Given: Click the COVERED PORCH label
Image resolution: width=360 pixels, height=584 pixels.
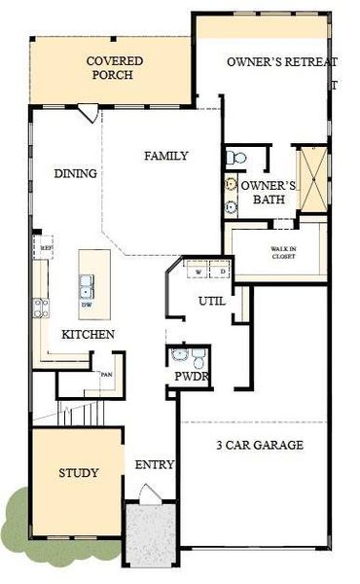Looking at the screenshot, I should (115, 67).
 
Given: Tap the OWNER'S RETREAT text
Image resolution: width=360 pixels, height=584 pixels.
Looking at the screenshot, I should (281, 62).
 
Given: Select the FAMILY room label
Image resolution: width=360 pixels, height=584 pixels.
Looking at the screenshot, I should (166, 156).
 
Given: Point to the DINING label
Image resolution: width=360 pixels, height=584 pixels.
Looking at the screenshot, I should (75, 174).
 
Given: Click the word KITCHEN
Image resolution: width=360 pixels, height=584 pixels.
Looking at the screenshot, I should (89, 335).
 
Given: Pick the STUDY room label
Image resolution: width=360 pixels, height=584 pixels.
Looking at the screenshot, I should (78, 474).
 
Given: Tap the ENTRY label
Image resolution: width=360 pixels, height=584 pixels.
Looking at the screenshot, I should (154, 465).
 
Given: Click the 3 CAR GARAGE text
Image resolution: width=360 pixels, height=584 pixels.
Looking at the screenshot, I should (259, 446).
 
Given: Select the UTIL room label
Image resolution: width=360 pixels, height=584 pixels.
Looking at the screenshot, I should (212, 302).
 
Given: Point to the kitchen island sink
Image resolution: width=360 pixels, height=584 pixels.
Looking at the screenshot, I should (88, 286).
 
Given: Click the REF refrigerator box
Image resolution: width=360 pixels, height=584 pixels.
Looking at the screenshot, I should (45, 247).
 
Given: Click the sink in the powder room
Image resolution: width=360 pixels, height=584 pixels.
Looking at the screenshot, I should (177, 357).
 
